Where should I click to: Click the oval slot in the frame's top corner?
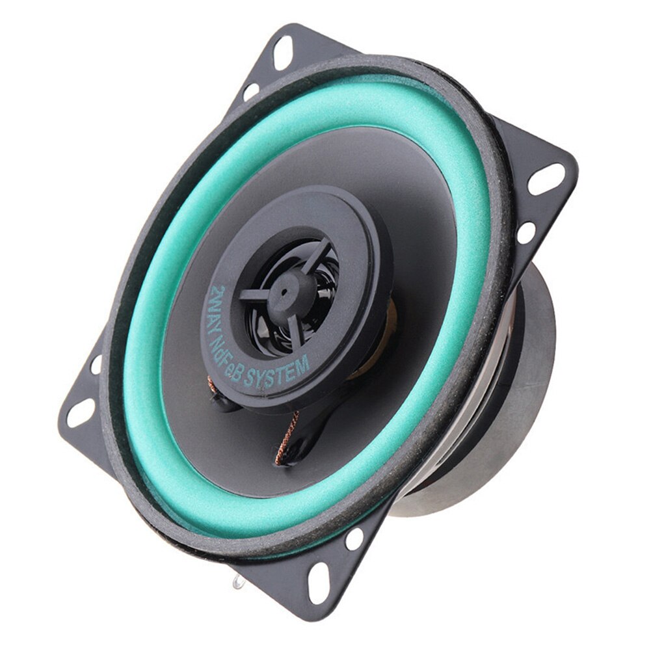283,52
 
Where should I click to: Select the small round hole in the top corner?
250,92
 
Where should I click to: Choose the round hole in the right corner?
525,232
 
